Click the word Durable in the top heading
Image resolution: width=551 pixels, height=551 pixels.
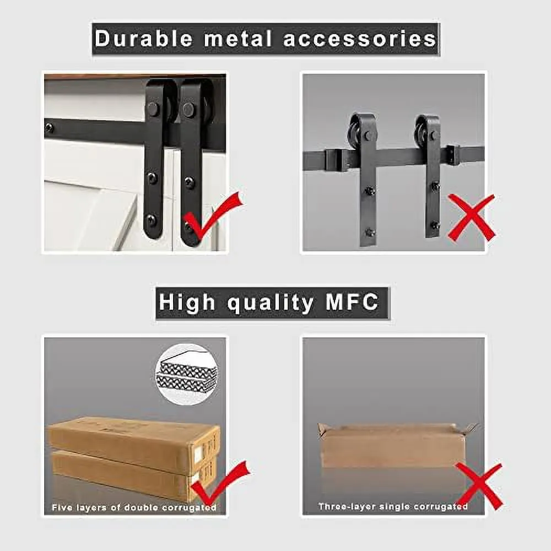click(144, 39)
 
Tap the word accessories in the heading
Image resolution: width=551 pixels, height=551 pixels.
click(360, 39)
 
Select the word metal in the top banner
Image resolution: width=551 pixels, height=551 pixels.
click(238, 39)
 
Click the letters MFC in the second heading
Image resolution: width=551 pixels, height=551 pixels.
click(352, 301)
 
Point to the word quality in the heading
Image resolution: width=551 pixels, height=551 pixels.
click(270, 303)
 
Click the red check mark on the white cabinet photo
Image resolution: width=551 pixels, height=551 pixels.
click(212, 216)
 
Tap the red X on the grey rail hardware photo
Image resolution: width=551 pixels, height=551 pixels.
click(472, 218)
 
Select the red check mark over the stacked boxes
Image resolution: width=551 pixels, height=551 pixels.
click(219, 484)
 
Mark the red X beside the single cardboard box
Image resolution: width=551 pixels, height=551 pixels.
click(479, 487)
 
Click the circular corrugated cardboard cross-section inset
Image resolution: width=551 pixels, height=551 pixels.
click(187, 375)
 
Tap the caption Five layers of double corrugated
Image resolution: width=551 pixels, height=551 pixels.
click(134, 507)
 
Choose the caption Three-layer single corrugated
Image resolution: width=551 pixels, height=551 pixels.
click(393, 506)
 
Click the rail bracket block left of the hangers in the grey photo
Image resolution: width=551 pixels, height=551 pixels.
click(337, 160)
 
